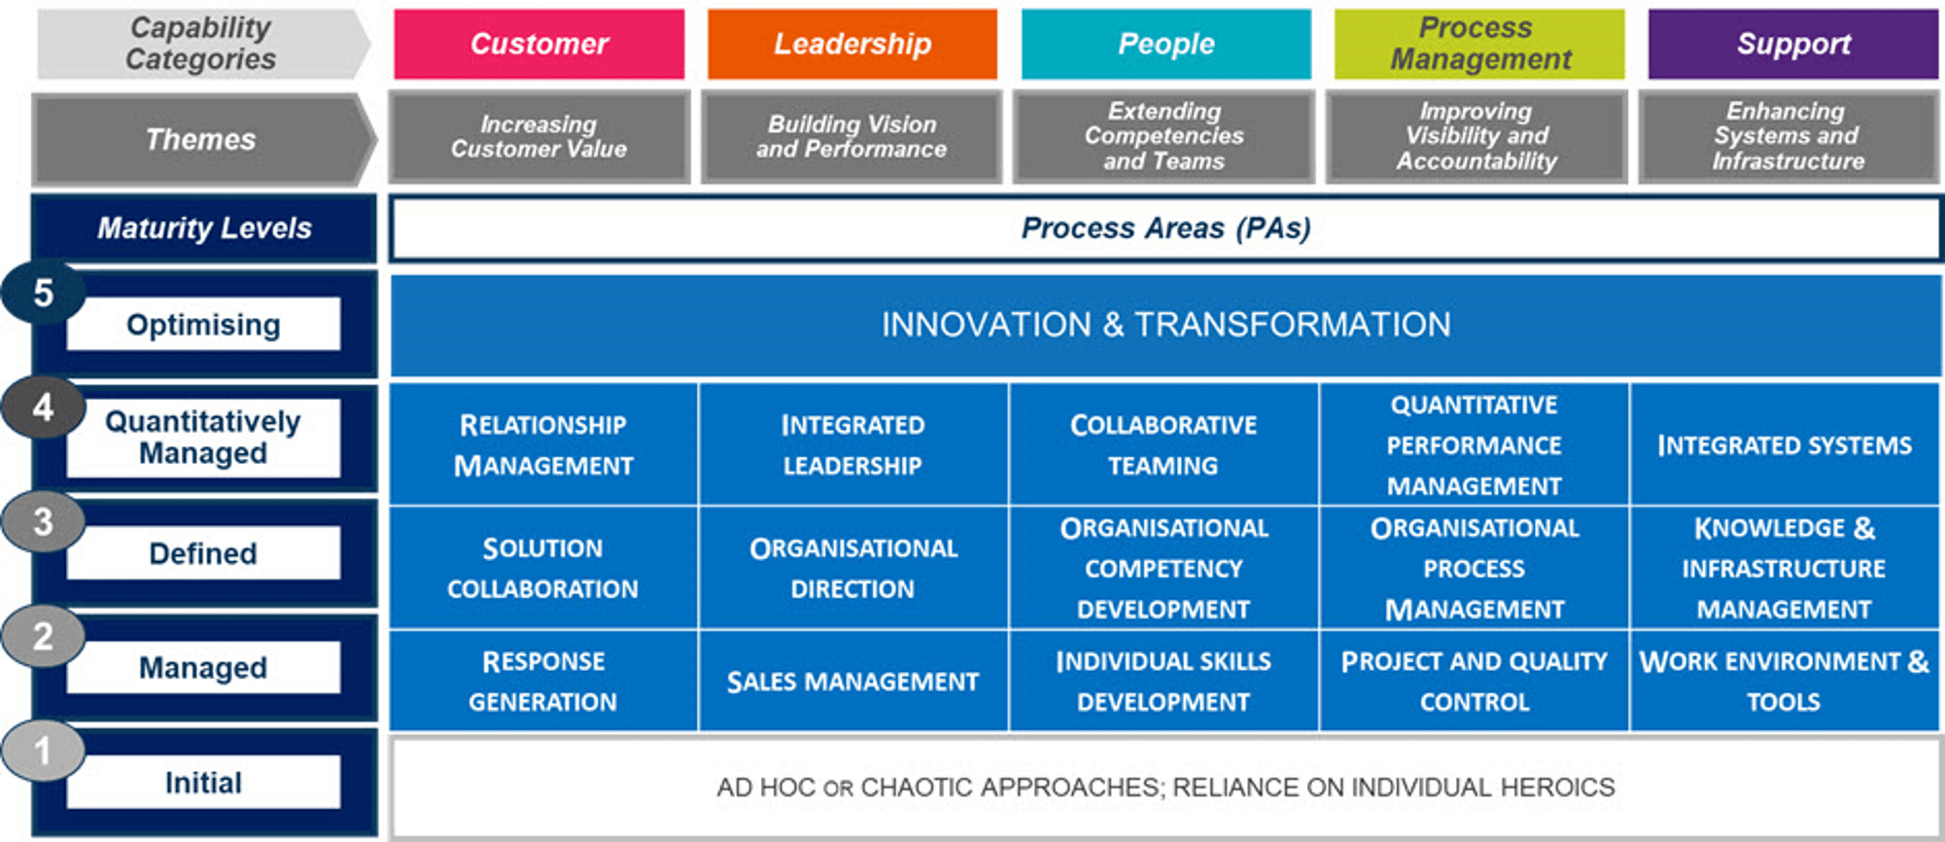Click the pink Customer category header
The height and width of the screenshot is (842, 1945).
click(538, 44)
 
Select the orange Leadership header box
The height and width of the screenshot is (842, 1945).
click(852, 44)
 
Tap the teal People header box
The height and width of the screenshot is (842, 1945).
click(1165, 44)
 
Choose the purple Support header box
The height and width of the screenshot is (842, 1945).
click(1793, 44)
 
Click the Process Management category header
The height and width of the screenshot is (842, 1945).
click(1479, 44)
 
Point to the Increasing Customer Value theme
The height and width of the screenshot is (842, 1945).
click(539, 137)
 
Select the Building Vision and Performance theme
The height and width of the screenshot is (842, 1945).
click(851, 137)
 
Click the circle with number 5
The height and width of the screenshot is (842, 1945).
click(43, 292)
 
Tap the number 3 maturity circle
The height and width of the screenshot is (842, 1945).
click(43, 522)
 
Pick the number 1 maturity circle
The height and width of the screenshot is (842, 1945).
click(43, 752)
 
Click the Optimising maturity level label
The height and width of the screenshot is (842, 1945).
click(203, 324)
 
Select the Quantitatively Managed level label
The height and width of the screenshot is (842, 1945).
click(203, 438)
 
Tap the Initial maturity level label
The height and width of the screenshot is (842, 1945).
click(203, 783)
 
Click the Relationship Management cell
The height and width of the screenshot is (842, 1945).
click(543, 444)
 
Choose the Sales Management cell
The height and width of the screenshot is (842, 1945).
click(853, 681)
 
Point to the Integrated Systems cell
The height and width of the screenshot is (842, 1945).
click(1785, 444)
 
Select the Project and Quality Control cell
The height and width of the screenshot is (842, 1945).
click(1475, 681)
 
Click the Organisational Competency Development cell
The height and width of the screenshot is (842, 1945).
click(1164, 568)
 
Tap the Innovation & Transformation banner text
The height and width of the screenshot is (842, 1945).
click(1165, 325)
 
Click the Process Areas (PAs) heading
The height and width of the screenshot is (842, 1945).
click(1165, 228)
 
